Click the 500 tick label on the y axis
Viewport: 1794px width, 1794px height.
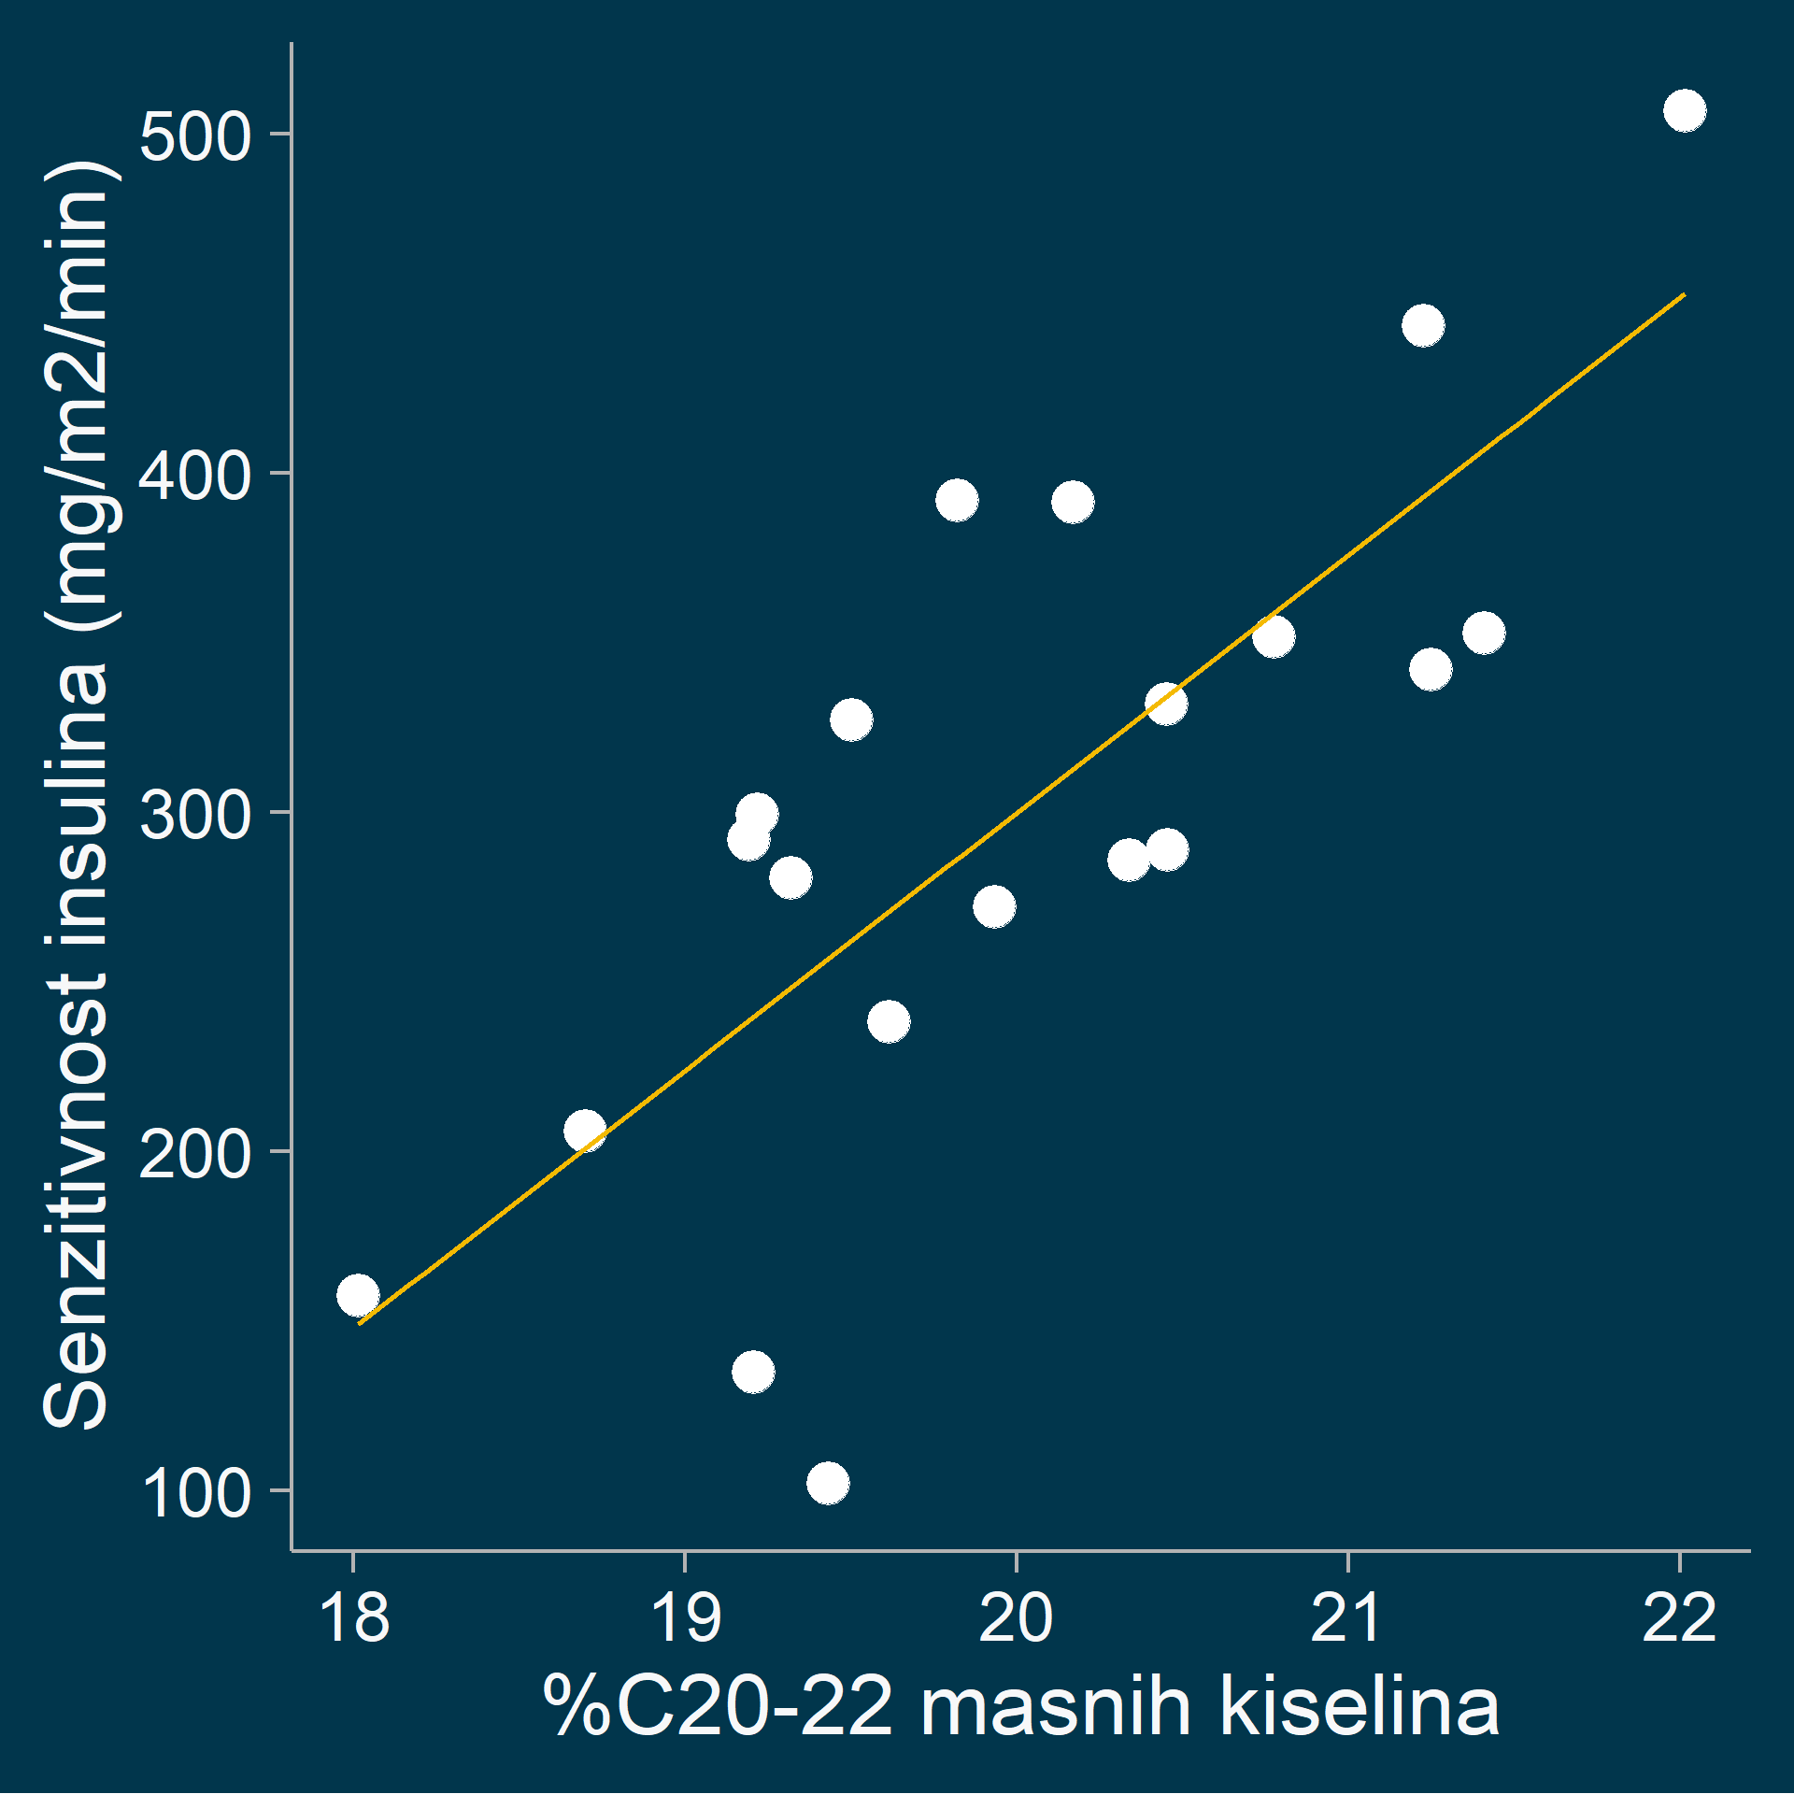(195, 136)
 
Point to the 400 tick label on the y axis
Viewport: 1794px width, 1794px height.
(195, 476)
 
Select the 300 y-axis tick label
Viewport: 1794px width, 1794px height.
(195, 815)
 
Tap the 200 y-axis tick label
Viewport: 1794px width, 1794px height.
(195, 1154)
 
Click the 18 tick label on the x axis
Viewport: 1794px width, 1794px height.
(354, 1619)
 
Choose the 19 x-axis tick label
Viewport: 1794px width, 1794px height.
(686, 1619)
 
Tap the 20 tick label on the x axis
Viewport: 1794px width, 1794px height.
(1017, 1619)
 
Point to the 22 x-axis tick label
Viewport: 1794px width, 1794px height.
(1679, 1619)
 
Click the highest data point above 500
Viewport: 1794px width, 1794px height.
(1685, 111)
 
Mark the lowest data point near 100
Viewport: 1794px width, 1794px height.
(828, 1483)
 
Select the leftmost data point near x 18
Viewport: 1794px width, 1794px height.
(358, 1296)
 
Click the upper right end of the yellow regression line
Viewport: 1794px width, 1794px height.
(1683, 295)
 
